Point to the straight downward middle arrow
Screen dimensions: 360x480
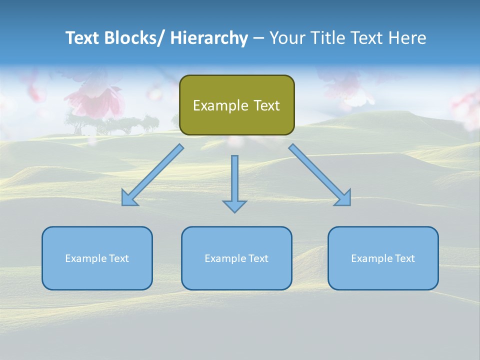[234, 180]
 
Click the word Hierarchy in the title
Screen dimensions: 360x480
[209, 38]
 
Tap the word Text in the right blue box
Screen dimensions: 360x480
[404, 258]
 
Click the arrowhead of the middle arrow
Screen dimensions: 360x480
[234, 206]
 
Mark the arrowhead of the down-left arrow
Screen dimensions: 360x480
[129, 198]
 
